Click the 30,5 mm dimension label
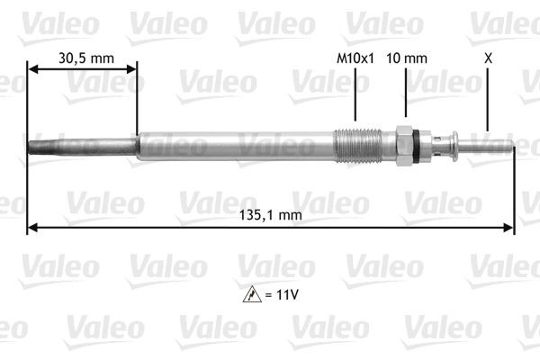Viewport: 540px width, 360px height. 86,58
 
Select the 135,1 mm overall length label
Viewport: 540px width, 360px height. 271,214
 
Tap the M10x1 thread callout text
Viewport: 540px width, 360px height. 355,58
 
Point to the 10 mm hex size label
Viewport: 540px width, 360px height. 406,58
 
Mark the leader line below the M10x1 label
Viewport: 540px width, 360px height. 355,94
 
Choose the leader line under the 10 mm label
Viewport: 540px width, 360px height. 405,94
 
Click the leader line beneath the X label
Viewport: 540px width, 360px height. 488,99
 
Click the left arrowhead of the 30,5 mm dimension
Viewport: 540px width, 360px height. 33,68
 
